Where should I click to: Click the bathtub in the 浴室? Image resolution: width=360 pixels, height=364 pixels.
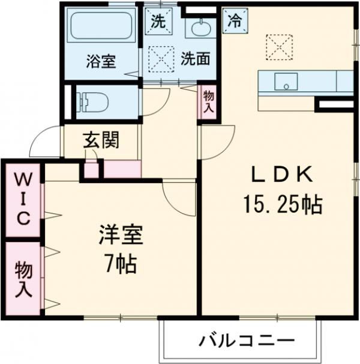pos(101,26)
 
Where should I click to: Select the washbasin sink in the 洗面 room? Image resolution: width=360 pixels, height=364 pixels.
pos(201,28)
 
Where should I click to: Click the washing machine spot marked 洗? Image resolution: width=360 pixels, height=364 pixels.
pos(158,22)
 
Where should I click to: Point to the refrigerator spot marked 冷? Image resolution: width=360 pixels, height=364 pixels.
pos(235,21)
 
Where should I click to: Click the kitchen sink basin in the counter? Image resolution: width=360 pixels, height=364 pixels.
pos(286,82)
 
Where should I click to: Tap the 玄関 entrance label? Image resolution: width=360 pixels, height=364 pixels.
pos(101,140)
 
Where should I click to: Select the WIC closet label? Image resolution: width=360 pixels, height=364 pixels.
pos(23,199)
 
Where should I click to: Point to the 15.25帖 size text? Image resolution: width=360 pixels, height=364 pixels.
pos(283,205)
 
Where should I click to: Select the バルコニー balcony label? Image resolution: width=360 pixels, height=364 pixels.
pos(247,341)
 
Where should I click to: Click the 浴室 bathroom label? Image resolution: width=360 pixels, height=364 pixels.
pos(101,61)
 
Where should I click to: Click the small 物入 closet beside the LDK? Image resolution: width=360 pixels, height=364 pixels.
pos(209,102)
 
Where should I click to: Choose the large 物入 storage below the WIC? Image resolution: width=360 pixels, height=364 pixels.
pos(23,279)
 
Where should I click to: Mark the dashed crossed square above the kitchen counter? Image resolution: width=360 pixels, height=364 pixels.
pos(279,47)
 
